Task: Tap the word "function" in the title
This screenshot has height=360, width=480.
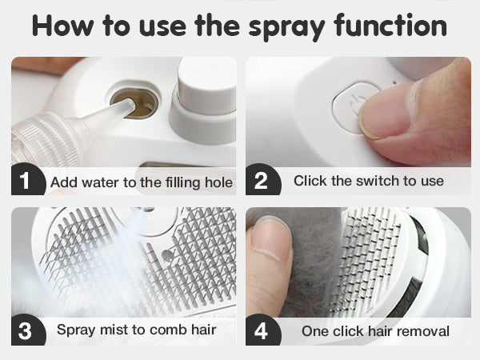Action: point(390,25)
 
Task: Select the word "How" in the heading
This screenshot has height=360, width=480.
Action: point(62,26)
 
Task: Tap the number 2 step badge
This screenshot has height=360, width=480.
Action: point(262,180)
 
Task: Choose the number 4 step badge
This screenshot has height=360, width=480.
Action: point(262,330)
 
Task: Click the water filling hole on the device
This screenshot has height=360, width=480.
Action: point(134,103)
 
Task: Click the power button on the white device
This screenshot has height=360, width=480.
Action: point(355,107)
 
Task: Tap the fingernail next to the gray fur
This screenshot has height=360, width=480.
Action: point(270,236)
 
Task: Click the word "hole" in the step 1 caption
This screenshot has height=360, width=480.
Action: point(218,182)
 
